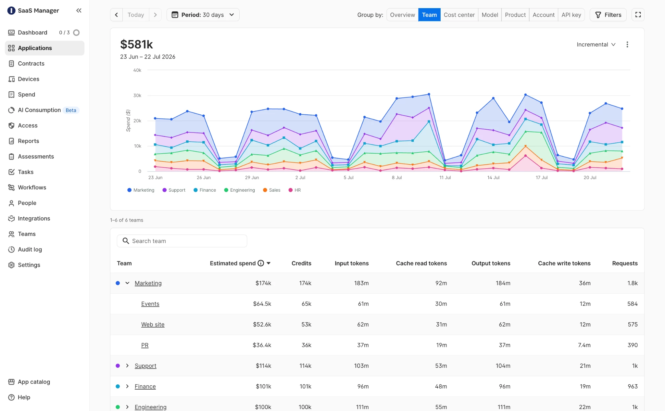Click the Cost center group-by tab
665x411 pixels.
tap(459, 15)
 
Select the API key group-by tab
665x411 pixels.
tap(571, 15)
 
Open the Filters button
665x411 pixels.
tap(608, 15)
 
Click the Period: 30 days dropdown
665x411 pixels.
tap(203, 15)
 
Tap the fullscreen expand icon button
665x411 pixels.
tap(638, 15)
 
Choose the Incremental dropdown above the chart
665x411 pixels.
tap(596, 45)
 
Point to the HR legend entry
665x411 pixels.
tap(295, 190)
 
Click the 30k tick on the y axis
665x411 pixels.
tap(137, 96)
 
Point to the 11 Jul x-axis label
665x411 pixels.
tap(445, 177)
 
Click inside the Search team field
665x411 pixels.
tap(182, 241)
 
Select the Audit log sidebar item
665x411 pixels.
tap(30, 250)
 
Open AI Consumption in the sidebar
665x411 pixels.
tap(39, 110)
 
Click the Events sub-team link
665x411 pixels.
tap(150, 304)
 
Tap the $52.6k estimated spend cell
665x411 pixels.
tap(262, 324)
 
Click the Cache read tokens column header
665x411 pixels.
tap(421, 263)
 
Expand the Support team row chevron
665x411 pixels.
tap(127, 366)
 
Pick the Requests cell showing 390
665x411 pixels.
tap(633, 345)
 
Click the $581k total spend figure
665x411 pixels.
tap(136, 45)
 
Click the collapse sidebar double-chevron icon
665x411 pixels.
tap(79, 11)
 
